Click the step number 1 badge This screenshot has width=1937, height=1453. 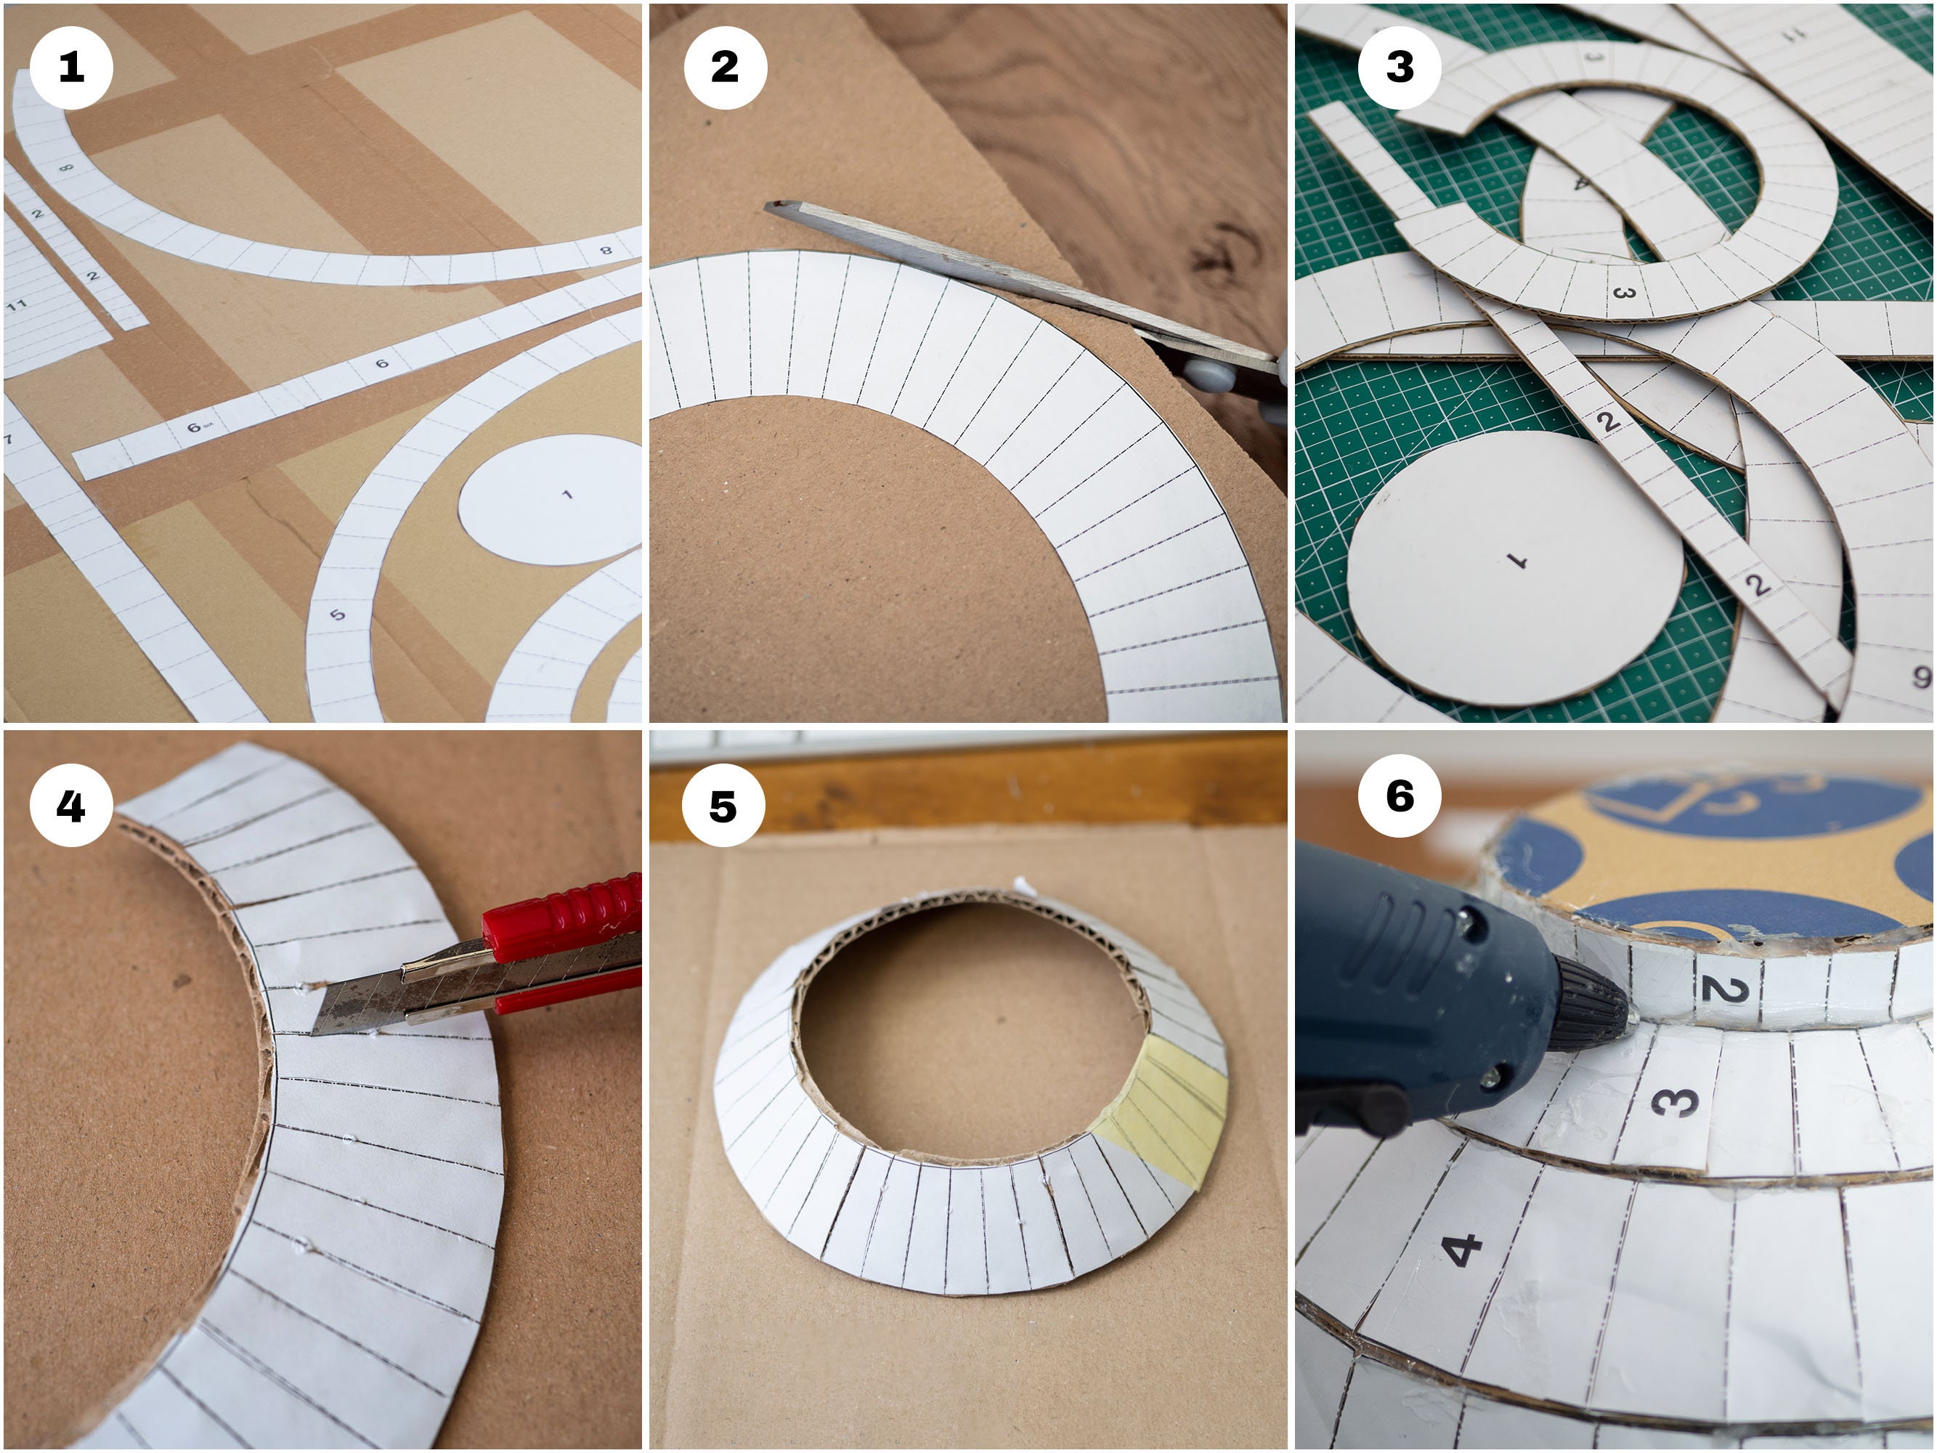(x=71, y=68)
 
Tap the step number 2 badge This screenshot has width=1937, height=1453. (x=724, y=68)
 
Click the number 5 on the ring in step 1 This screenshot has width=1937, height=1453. (x=337, y=614)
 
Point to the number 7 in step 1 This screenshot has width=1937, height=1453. (x=9, y=439)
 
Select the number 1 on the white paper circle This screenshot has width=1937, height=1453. (x=567, y=495)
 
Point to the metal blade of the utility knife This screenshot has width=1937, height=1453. (x=350, y=1007)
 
